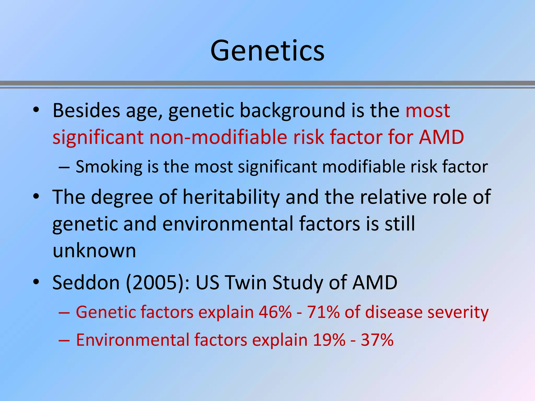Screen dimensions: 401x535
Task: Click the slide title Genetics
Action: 267,51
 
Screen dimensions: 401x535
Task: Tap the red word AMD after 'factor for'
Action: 441,137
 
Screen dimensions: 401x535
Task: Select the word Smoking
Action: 109,167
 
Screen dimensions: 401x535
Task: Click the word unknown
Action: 94,251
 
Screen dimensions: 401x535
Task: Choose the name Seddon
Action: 86,282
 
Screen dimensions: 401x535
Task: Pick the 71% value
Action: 323,312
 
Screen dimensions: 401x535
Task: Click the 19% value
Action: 329,340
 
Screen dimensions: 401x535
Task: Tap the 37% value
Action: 377,340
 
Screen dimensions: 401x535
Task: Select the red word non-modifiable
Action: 218,137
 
